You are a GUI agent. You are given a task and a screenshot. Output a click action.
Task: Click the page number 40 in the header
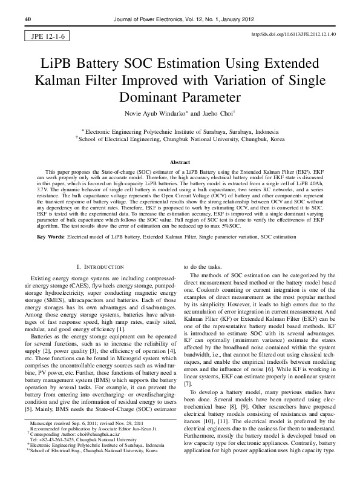27,19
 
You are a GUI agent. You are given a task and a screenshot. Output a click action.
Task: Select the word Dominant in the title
151,97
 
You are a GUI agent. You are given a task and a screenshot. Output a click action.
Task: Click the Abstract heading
180,163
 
